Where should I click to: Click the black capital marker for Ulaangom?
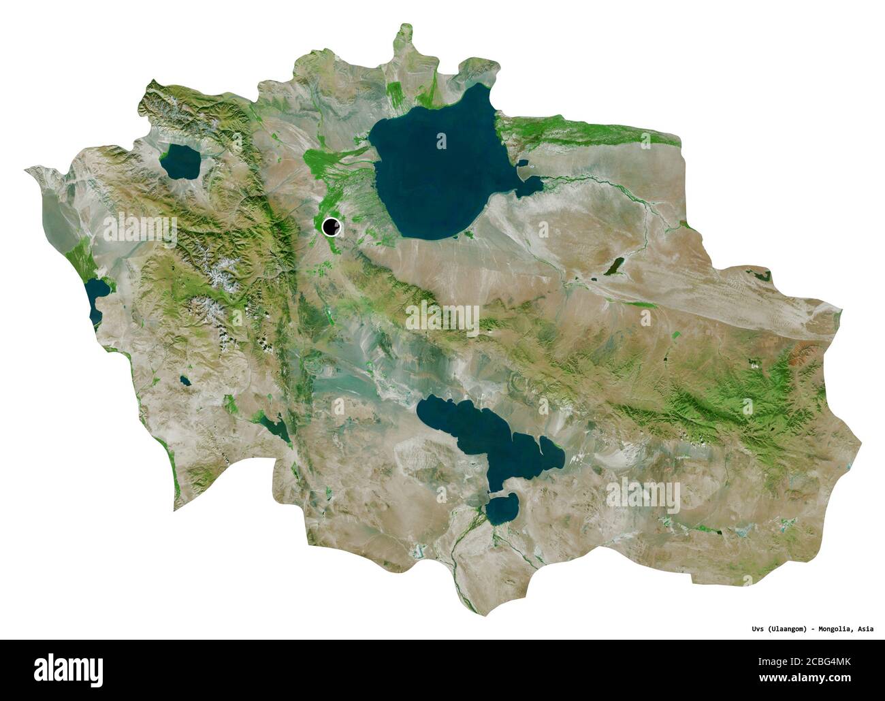point(332,227)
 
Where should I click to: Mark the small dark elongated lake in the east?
point(613,266)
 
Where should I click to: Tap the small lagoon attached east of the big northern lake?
point(531,185)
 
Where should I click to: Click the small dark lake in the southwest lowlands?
point(276,428)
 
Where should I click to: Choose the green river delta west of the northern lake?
point(327,163)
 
